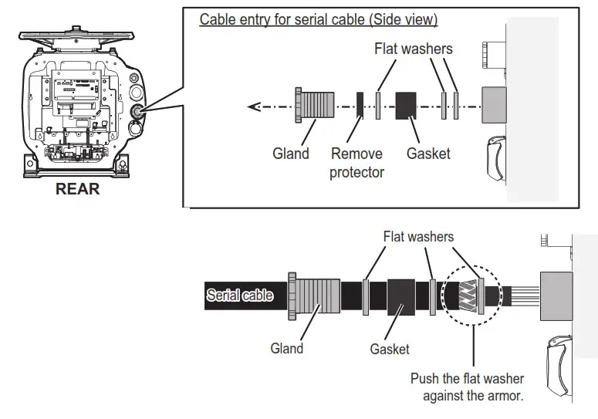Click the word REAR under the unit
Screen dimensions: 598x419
[x=77, y=189]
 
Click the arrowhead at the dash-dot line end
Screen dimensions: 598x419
[x=254, y=106]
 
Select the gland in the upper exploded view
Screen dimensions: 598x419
[x=315, y=105]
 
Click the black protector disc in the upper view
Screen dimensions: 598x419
[x=360, y=105]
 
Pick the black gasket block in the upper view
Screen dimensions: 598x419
[x=405, y=106]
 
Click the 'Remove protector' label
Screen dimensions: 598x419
[x=356, y=163]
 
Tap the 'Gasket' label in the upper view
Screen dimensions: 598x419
[x=428, y=154]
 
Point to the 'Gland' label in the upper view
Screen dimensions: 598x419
[x=291, y=154]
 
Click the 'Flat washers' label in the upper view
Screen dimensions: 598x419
[x=414, y=49]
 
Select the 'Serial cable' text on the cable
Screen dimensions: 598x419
[x=239, y=295]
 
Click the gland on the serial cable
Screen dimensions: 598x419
[x=313, y=296]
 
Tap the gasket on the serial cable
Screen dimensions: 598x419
[x=400, y=297]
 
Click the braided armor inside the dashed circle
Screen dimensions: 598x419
[x=468, y=296]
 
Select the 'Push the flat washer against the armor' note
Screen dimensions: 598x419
[x=467, y=387]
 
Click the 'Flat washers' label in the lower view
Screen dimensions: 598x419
[x=418, y=236]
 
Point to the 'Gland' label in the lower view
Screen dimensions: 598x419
[x=287, y=348]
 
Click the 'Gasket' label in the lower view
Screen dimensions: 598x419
[x=390, y=349]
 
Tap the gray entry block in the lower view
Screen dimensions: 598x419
[x=556, y=296]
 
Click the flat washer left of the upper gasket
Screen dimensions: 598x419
[x=378, y=105]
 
